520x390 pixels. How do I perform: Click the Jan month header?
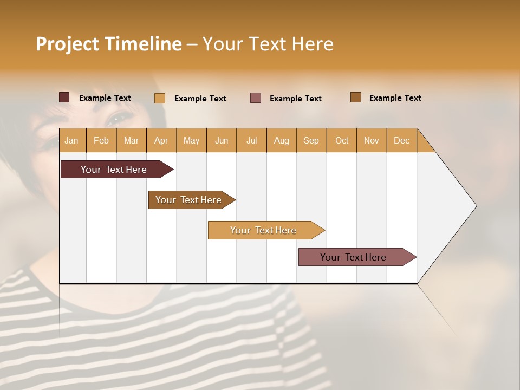pyautogui.click(x=72, y=140)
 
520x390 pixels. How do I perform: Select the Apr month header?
pyautogui.click(x=161, y=140)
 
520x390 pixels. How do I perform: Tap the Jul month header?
pyautogui.click(x=252, y=140)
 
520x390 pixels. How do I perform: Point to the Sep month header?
pyautogui.click(x=311, y=140)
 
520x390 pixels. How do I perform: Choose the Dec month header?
pyautogui.click(x=402, y=140)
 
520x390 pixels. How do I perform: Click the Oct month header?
pyautogui.click(x=342, y=140)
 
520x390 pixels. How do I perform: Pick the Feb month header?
pyautogui.click(x=101, y=140)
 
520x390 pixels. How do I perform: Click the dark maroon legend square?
pyautogui.click(x=64, y=97)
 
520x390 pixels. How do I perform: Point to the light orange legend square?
pyautogui.click(x=160, y=98)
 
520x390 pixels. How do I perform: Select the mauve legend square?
pyautogui.click(x=256, y=98)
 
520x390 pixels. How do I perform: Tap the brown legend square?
pyautogui.click(x=356, y=97)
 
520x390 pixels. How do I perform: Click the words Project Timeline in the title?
pyautogui.click(x=109, y=44)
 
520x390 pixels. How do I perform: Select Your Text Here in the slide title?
pyautogui.click(x=268, y=44)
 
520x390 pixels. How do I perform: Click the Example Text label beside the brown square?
pyautogui.click(x=395, y=97)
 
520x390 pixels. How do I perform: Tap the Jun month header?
pyautogui.click(x=222, y=140)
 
